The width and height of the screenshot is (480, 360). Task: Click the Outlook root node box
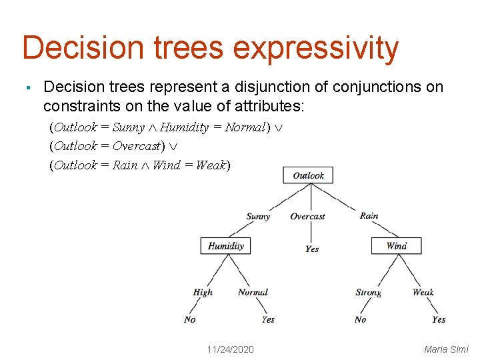(x=308, y=175)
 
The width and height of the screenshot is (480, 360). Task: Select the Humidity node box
(x=226, y=246)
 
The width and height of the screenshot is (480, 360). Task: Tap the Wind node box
(x=396, y=246)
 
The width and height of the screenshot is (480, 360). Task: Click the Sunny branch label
(x=258, y=216)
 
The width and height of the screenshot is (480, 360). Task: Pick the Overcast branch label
(x=307, y=216)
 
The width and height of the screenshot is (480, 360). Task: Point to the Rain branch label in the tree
(x=369, y=215)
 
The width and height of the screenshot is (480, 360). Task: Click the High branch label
(x=203, y=292)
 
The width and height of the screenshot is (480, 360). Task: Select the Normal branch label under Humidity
(x=253, y=292)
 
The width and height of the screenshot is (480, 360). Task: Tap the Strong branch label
(x=369, y=292)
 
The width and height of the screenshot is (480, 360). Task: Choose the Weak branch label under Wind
(x=423, y=292)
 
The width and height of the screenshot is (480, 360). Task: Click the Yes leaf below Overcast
(x=312, y=249)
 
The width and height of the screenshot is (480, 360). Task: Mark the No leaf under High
(x=190, y=319)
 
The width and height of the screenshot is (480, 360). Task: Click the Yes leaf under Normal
(x=267, y=319)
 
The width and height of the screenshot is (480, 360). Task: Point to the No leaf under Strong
(x=360, y=319)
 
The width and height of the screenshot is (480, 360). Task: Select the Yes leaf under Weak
(x=438, y=319)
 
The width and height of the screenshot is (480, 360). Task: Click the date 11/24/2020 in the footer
(x=230, y=349)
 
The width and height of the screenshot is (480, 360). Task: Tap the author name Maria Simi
(x=446, y=349)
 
